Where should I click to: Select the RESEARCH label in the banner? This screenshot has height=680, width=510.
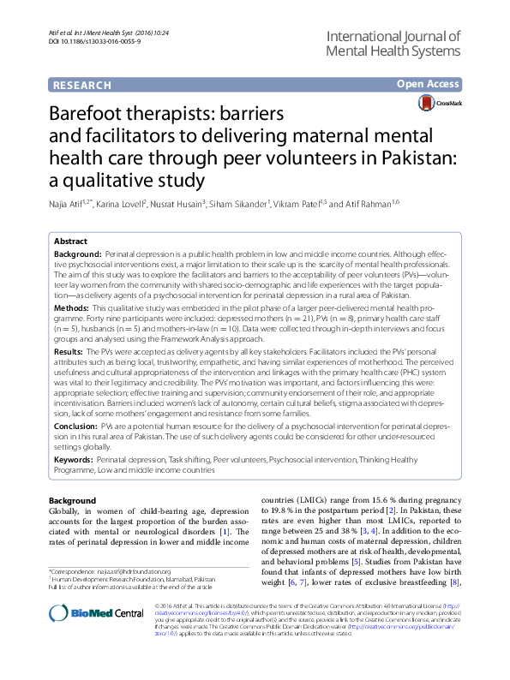pyautogui.click(x=81, y=86)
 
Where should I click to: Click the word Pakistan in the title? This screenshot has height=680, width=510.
pyautogui.click(x=393, y=158)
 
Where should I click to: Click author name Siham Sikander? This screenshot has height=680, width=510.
pyautogui.click(x=243, y=204)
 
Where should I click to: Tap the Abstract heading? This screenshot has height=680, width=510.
pyautogui.click(x=70, y=242)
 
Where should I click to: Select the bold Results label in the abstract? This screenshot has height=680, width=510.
pyautogui.click(x=69, y=351)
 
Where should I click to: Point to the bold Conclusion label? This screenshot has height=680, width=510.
pyautogui.click(x=75, y=425)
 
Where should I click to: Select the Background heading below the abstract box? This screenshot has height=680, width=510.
pyautogui.click(x=72, y=499)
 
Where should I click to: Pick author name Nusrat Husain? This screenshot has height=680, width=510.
pyautogui.click(x=183, y=204)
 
